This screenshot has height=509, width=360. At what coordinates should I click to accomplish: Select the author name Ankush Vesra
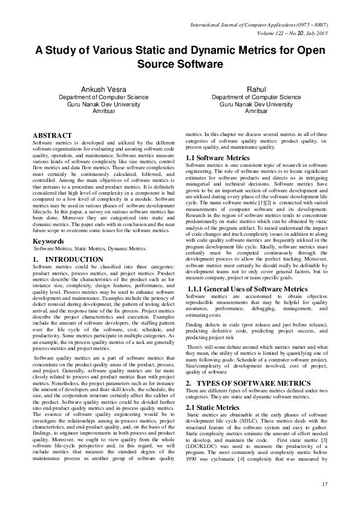tap(96, 89)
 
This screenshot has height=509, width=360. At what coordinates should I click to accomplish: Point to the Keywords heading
tap(48, 241)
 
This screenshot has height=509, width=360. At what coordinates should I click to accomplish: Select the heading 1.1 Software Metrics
tap(216, 158)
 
